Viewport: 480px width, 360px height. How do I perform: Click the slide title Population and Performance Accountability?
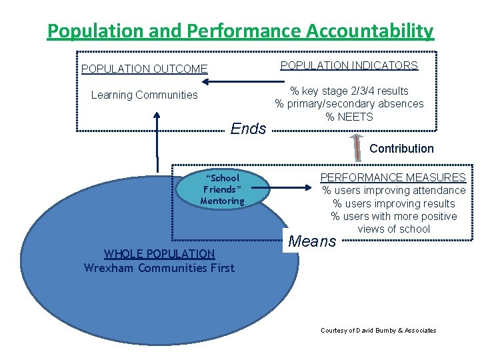(x=240, y=31)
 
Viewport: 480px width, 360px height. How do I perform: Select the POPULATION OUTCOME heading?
(x=144, y=69)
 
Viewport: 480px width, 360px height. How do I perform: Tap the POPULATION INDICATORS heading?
(x=349, y=65)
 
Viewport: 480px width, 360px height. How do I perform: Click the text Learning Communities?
(x=144, y=95)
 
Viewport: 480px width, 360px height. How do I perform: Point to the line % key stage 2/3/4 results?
(x=349, y=91)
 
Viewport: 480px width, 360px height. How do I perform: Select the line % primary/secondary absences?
(x=349, y=103)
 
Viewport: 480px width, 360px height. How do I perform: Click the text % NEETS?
(x=349, y=117)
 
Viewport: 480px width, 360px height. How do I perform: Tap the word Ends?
(x=248, y=129)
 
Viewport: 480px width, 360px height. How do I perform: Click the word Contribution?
(x=401, y=149)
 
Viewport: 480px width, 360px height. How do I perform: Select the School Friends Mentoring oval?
(x=223, y=189)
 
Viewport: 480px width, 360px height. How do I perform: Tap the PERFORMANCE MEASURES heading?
(x=393, y=177)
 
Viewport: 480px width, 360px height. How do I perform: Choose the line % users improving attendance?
(x=393, y=191)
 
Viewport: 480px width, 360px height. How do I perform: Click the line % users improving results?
(x=393, y=203)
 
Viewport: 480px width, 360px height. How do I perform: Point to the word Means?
(x=312, y=241)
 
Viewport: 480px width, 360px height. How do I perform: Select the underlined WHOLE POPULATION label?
(x=159, y=254)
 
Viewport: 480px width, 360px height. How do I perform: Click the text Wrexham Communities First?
(x=159, y=268)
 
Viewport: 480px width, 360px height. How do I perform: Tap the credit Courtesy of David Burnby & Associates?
(x=378, y=330)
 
